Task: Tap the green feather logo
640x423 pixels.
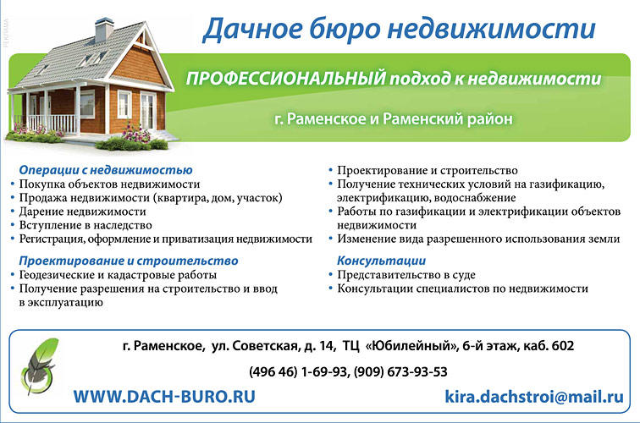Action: pos(38,365)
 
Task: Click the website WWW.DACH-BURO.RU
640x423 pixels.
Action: pos(164,397)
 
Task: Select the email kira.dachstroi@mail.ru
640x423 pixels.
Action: pos(534,396)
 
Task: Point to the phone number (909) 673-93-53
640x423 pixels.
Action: pos(400,371)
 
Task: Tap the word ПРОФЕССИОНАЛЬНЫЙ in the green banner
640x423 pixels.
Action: pos(286,78)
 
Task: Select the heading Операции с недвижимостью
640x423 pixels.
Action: pos(106,170)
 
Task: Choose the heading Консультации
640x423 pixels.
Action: pos(381,261)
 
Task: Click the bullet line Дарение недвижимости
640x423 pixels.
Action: pos(82,211)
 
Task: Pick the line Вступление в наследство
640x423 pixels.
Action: pos(86,225)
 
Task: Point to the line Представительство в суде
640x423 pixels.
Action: pos(406,274)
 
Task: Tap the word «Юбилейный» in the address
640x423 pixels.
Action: pos(411,346)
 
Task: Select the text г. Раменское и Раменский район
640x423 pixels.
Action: pos(394,118)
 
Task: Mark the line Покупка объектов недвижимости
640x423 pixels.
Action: pos(109,184)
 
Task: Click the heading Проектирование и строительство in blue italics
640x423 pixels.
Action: pos(129,261)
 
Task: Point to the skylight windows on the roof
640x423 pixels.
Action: pos(92,59)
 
